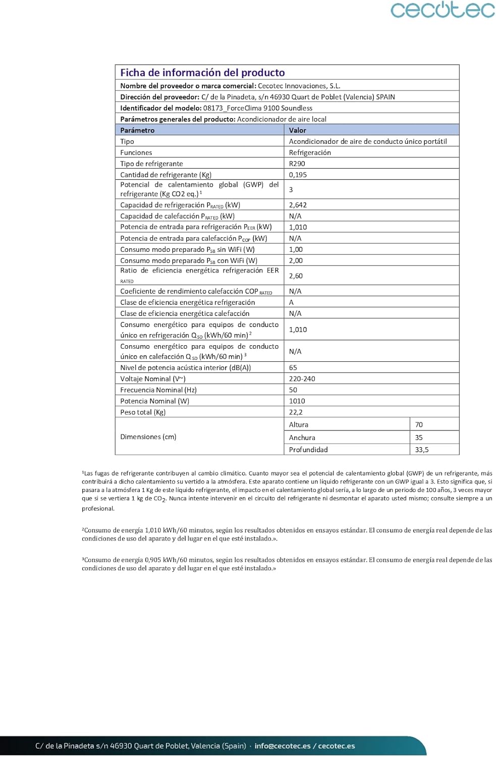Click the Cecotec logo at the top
tap(443, 10)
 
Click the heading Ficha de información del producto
tap(202, 73)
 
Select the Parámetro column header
tap(137, 130)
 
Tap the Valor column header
tap(298, 130)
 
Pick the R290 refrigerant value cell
tap(297, 164)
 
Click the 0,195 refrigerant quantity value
tap(298, 175)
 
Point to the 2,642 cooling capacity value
tap(298, 205)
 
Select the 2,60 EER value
tap(296, 276)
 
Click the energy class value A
tap(291, 302)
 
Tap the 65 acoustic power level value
tap(293, 367)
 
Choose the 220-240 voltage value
tap(302, 379)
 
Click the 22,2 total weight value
tap(296, 412)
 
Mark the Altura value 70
tap(419, 424)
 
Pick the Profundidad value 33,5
tap(422, 450)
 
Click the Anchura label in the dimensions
tap(302, 438)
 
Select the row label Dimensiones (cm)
tap(148, 437)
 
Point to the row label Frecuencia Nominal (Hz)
tap(158, 390)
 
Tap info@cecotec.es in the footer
tap(283, 746)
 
